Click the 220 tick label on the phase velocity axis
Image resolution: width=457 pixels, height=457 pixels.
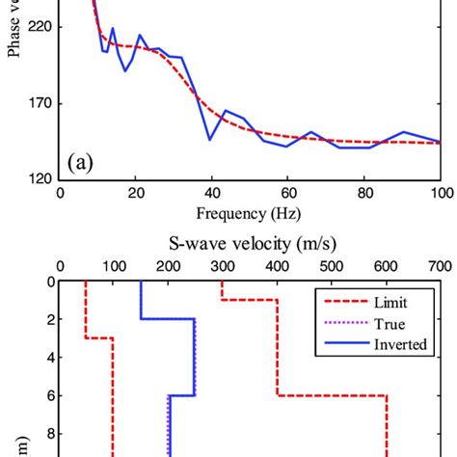(42, 28)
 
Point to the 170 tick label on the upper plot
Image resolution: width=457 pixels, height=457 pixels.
(42, 103)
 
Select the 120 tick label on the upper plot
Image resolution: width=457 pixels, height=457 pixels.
(42, 178)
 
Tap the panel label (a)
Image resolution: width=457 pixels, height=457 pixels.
(80, 162)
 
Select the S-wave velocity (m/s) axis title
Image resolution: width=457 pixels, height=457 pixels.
(249, 240)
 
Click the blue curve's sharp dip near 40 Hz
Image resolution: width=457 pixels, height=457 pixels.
(210, 140)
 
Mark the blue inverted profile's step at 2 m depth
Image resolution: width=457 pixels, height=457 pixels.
(169, 319)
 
